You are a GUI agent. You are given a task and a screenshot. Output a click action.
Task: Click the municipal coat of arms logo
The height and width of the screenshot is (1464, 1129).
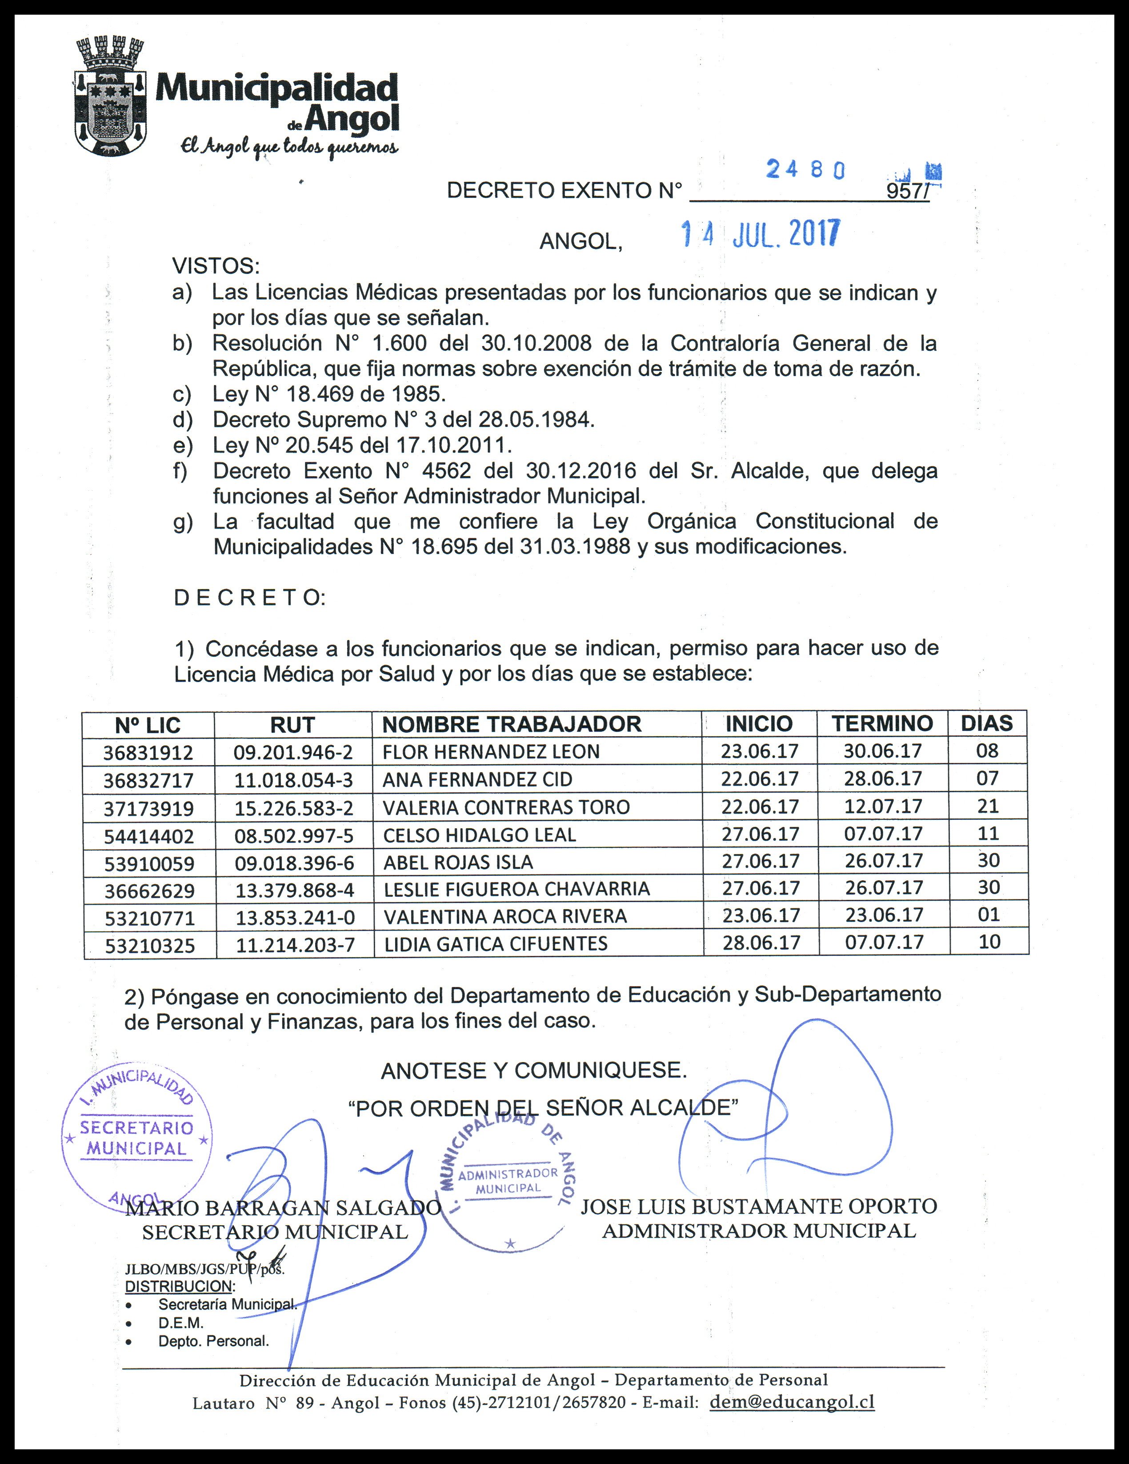pos(111,97)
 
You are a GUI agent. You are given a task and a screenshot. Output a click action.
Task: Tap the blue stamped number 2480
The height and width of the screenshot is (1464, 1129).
pos(805,170)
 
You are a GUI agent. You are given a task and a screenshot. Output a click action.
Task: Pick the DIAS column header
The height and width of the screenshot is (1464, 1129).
pos(986,723)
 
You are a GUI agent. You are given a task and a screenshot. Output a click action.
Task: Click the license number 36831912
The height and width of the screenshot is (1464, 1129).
pos(148,753)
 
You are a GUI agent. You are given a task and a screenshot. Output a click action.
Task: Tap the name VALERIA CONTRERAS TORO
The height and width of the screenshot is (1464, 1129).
pos(506,807)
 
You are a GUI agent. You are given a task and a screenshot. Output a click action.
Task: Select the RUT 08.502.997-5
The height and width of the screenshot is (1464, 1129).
pos(293,835)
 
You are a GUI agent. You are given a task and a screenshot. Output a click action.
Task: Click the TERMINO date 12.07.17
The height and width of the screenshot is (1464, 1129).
pos(883,806)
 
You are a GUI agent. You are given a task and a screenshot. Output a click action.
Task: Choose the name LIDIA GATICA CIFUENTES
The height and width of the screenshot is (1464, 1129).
pos(495,944)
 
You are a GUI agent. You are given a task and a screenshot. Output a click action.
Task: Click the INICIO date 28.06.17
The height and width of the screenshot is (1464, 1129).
pos(761,943)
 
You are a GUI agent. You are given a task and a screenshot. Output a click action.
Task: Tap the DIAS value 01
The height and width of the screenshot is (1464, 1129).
pos(988,914)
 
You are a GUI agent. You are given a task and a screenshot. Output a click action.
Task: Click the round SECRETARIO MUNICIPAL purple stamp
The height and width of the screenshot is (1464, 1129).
pos(137,1138)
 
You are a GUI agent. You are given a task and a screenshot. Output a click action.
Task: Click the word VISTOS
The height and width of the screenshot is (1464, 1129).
pos(216,266)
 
